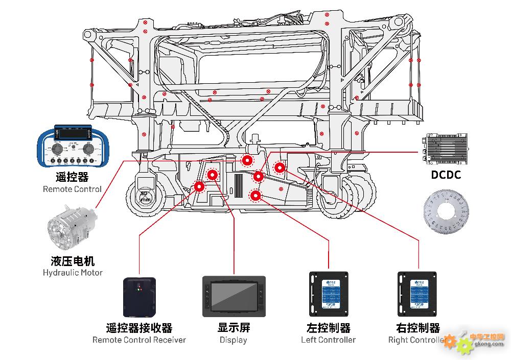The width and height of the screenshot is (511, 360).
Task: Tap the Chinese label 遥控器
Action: (72, 177)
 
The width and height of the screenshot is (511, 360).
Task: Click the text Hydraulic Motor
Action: (73, 273)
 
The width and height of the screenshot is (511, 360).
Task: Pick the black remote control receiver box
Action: (139, 297)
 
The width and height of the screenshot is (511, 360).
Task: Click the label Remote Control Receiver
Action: (139, 340)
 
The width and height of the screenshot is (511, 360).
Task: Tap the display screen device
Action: (234, 294)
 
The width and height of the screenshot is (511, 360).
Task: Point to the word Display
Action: (234, 340)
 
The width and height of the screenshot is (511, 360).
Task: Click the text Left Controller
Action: (329, 340)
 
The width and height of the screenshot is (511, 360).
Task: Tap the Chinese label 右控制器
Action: (418, 328)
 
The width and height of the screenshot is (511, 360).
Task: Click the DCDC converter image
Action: (446, 149)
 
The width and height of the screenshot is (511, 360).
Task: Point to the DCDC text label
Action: (446, 175)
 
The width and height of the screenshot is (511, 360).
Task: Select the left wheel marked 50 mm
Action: (147, 194)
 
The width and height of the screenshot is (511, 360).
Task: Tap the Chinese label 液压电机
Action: (73, 261)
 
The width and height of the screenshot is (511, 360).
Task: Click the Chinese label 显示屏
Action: (234, 328)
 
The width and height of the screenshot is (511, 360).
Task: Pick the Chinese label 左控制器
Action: (329, 328)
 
